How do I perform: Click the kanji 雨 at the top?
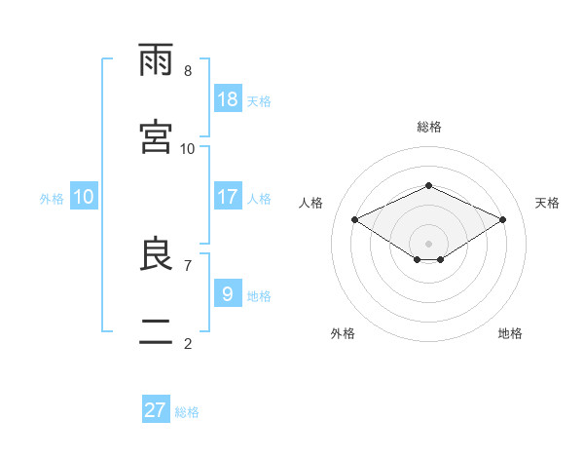(x=156, y=59)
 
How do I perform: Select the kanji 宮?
(x=156, y=136)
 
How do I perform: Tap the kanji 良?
(x=156, y=253)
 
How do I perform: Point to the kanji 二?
(x=156, y=331)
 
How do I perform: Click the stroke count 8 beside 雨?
(x=188, y=71)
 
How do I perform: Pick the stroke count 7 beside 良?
(x=188, y=266)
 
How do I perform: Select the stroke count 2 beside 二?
(x=188, y=343)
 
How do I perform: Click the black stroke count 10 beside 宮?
(x=187, y=149)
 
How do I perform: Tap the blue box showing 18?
(x=228, y=98)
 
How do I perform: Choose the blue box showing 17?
(x=228, y=196)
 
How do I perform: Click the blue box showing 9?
(x=228, y=292)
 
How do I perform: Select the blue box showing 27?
(x=156, y=408)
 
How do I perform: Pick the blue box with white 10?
(x=84, y=196)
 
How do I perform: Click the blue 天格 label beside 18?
(x=259, y=101)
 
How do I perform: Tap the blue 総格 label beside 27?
(x=187, y=412)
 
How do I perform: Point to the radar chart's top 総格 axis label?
(x=429, y=127)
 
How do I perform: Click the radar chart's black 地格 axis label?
(x=510, y=333)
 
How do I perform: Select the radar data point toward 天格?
(x=502, y=219)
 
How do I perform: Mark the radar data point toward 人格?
(x=355, y=219)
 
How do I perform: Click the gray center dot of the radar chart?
(x=428, y=244)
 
